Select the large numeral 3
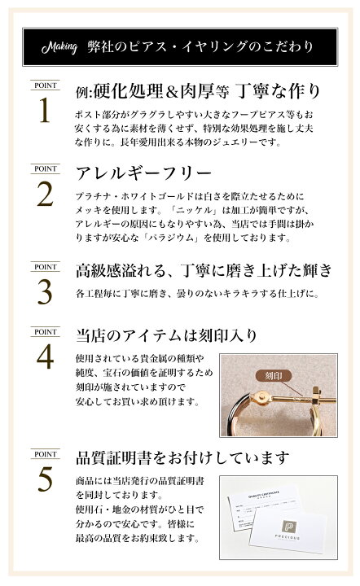point(45,291)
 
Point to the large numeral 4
point(45,356)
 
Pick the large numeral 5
point(45,479)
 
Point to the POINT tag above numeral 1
point(44,85)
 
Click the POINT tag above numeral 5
point(44,453)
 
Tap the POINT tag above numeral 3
point(44,266)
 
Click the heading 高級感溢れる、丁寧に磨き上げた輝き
point(204,269)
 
